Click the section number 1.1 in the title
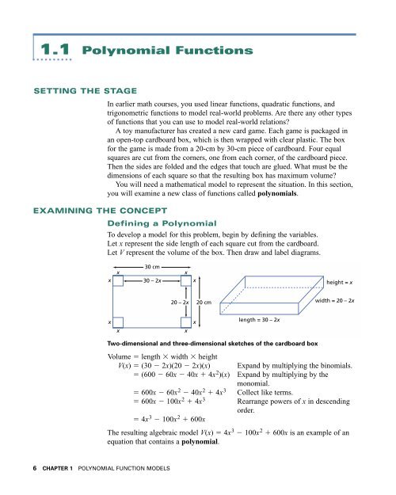pos(69,51)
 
